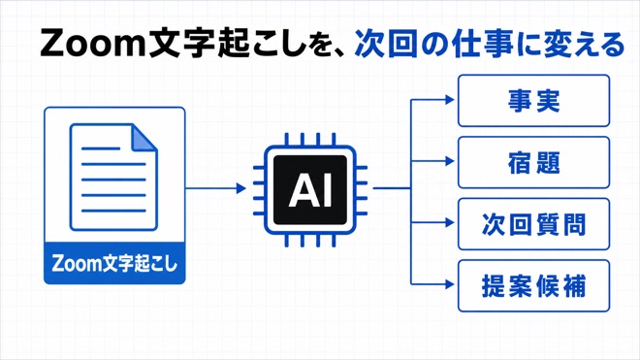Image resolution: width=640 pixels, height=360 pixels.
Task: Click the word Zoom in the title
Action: pyautogui.click(x=93, y=44)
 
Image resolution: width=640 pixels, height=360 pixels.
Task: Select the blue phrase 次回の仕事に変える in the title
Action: pyautogui.click(x=490, y=44)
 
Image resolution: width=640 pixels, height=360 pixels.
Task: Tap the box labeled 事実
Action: pyautogui.click(x=534, y=101)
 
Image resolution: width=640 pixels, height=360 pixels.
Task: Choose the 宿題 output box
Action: pyautogui.click(x=534, y=162)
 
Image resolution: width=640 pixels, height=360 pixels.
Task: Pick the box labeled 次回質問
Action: pyautogui.click(x=534, y=224)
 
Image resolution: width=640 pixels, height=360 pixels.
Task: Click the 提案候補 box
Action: pyautogui.click(x=534, y=285)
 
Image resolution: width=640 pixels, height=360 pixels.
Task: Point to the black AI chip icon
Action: pyautogui.click(x=310, y=190)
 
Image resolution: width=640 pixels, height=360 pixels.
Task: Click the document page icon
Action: pyautogui.click(x=113, y=177)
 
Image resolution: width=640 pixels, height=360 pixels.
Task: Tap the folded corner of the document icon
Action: pyautogui.click(x=144, y=137)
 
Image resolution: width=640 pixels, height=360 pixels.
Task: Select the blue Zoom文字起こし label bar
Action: pyautogui.click(x=114, y=263)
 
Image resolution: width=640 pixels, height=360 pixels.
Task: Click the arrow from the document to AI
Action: pyautogui.click(x=216, y=188)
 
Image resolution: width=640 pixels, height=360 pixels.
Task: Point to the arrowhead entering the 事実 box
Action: pyautogui.click(x=449, y=99)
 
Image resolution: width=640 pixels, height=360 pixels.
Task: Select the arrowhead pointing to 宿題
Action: pyautogui.click(x=449, y=161)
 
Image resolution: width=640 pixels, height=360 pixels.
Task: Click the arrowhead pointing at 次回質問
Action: pyautogui.click(x=449, y=223)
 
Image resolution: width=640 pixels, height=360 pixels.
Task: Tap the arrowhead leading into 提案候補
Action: pyautogui.click(x=449, y=284)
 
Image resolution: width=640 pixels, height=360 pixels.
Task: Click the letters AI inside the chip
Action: pyautogui.click(x=310, y=190)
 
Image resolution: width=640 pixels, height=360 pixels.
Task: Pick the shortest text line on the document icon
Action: pyautogui.click(x=101, y=148)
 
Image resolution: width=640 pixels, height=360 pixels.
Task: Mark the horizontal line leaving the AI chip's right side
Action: pyautogui.click(x=392, y=188)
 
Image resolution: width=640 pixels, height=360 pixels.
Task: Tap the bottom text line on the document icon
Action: pyautogui.click(x=113, y=211)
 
